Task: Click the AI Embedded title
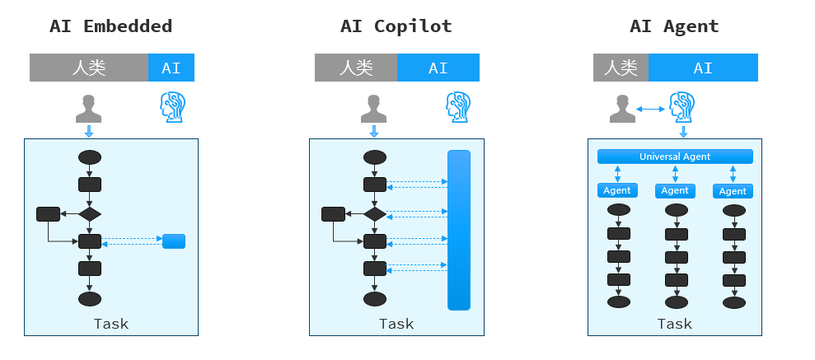click(x=110, y=26)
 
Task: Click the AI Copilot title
click(x=396, y=26)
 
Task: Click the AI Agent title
click(x=674, y=26)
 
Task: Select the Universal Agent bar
click(x=674, y=157)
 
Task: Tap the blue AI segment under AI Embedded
click(x=171, y=68)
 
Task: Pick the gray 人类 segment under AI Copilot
click(x=355, y=68)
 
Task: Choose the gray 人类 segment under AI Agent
click(x=621, y=68)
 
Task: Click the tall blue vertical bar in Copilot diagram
click(x=458, y=230)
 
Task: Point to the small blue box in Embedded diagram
click(x=174, y=241)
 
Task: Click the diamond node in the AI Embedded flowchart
click(x=89, y=214)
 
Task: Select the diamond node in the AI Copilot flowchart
click(x=375, y=214)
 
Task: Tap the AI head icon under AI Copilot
click(x=457, y=107)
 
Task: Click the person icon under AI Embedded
click(x=89, y=108)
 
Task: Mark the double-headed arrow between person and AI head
click(x=651, y=108)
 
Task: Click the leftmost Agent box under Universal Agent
click(x=617, y=190)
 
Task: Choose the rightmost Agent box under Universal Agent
click(x=733, y=190)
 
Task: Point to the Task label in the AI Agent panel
click(x=674, y=324)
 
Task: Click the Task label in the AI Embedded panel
click(x=110, y=324)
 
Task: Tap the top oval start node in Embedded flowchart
click(x=89, y=157)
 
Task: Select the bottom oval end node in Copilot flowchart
click(x=375, y=298)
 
